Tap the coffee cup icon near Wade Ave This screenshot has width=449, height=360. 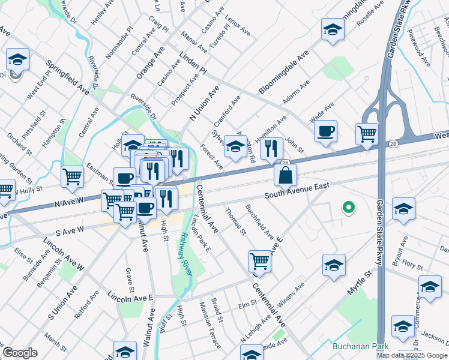click(325, 131)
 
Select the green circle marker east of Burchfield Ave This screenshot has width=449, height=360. click(348, 208)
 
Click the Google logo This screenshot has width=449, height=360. click(20, 352)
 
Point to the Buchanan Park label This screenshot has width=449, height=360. click(361, 346)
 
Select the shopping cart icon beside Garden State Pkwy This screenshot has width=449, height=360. click(367, 134)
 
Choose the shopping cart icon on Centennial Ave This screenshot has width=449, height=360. click(259, 261)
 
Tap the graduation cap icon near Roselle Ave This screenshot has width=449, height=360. click(332, 29)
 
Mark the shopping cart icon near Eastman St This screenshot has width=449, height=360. click(72, 176)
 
